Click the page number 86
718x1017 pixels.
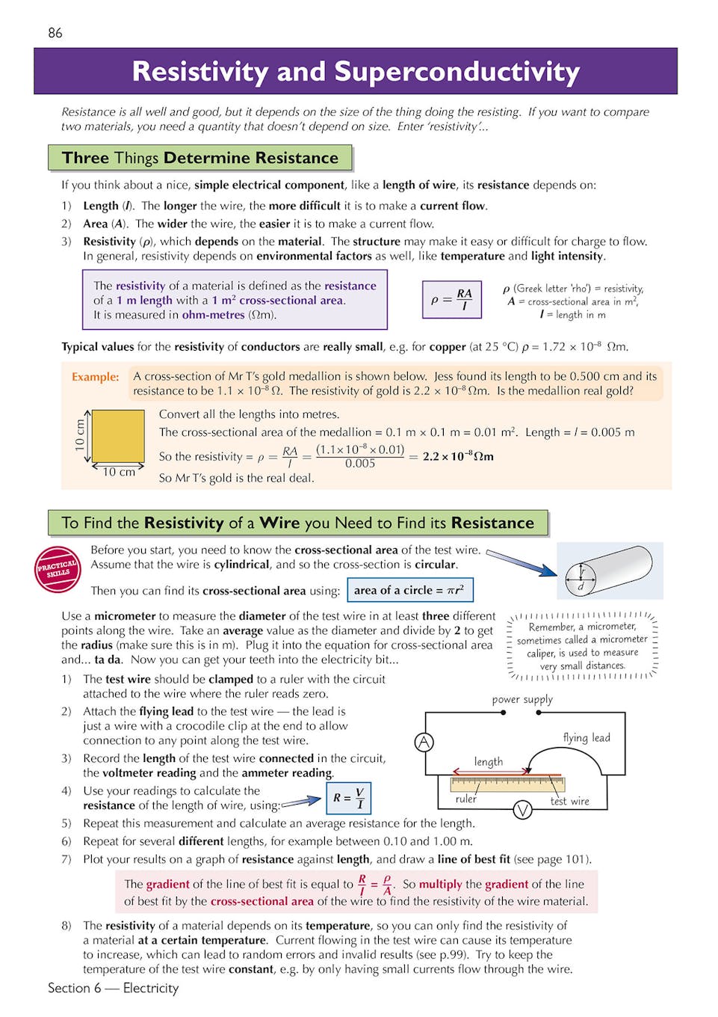tap(55, 33)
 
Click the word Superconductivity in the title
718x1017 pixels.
tap(457, 72)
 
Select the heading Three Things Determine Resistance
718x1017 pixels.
tap(199, 158)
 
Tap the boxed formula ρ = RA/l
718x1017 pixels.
tap(452, 300)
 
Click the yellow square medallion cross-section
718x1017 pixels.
tap(118, 437)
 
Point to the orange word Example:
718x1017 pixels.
tap(95, 377)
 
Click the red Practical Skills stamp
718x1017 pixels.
tap(58, 568)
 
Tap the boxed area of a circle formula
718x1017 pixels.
tap(409, 590)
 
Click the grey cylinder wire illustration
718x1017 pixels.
tap(610, 570)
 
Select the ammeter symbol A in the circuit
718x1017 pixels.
tap(424, 742)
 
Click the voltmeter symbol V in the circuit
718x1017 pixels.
tap(522, 809)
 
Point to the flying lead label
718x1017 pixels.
tap(587, 737)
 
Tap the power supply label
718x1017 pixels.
tap(522, 699)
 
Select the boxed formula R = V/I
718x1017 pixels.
tap(349, 798)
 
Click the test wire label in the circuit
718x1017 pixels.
tap(569, 801)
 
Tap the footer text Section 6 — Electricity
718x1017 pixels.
tap(114, 988)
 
